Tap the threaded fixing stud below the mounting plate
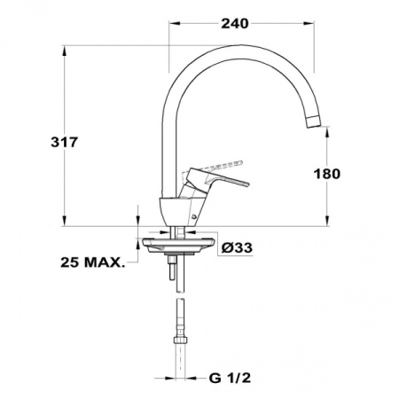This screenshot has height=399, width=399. [168, 270]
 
